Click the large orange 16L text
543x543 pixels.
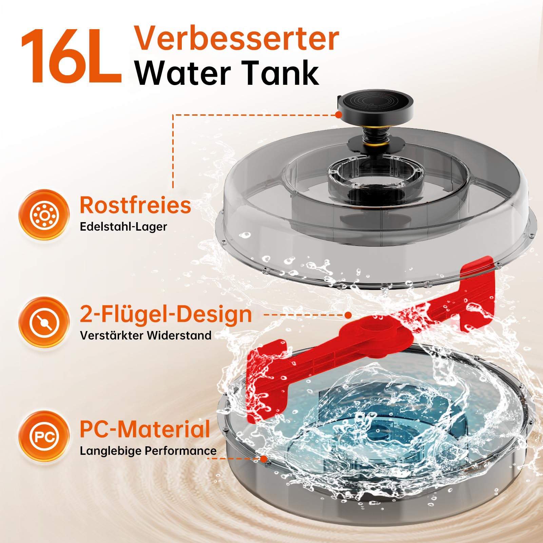click(x=71, y=56)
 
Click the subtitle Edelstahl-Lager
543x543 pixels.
click(x=123, y=227)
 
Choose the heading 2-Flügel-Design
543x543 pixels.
click(x=166, y=315)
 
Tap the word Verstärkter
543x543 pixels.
click(x=111, y=335)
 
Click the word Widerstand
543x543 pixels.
click(x=179, y=335)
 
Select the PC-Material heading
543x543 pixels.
click(x=145, y=429)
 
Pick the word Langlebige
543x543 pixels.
click(x=111, y=451)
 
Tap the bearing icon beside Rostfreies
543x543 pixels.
click(x=44, y=215)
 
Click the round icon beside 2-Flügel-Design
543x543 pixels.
click(x=44, y=322)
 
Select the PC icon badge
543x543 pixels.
click(x=44, y=436)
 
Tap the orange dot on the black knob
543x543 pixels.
click(x=338, y=115)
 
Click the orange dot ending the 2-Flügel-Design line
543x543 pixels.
click(x=348, y=315)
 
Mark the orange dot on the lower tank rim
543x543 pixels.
click(x=264, y=459)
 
